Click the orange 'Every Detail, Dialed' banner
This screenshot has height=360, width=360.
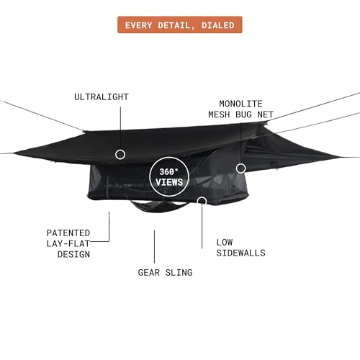pos(180,24)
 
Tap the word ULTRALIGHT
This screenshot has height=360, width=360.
pos(102,97)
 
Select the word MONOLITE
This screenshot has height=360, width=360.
pos(240,104)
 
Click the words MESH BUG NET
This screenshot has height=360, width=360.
pos(240,114)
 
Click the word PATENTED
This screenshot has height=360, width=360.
pos(68,233)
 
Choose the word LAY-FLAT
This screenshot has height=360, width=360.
pos(68,243)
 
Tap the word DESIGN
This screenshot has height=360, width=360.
pos(73,254)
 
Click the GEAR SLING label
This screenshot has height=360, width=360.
pos(165,273)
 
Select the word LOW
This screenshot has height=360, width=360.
pos(225,243)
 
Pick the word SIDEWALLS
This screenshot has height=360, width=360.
pos(240,253)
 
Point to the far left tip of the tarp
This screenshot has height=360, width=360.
pos(13,153)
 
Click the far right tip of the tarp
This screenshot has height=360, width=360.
pos(341,158)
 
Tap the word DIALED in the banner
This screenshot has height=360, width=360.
pos(218,25)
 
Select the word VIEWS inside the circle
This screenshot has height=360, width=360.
pos(169,182)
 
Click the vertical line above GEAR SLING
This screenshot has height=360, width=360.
pos(154,247)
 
